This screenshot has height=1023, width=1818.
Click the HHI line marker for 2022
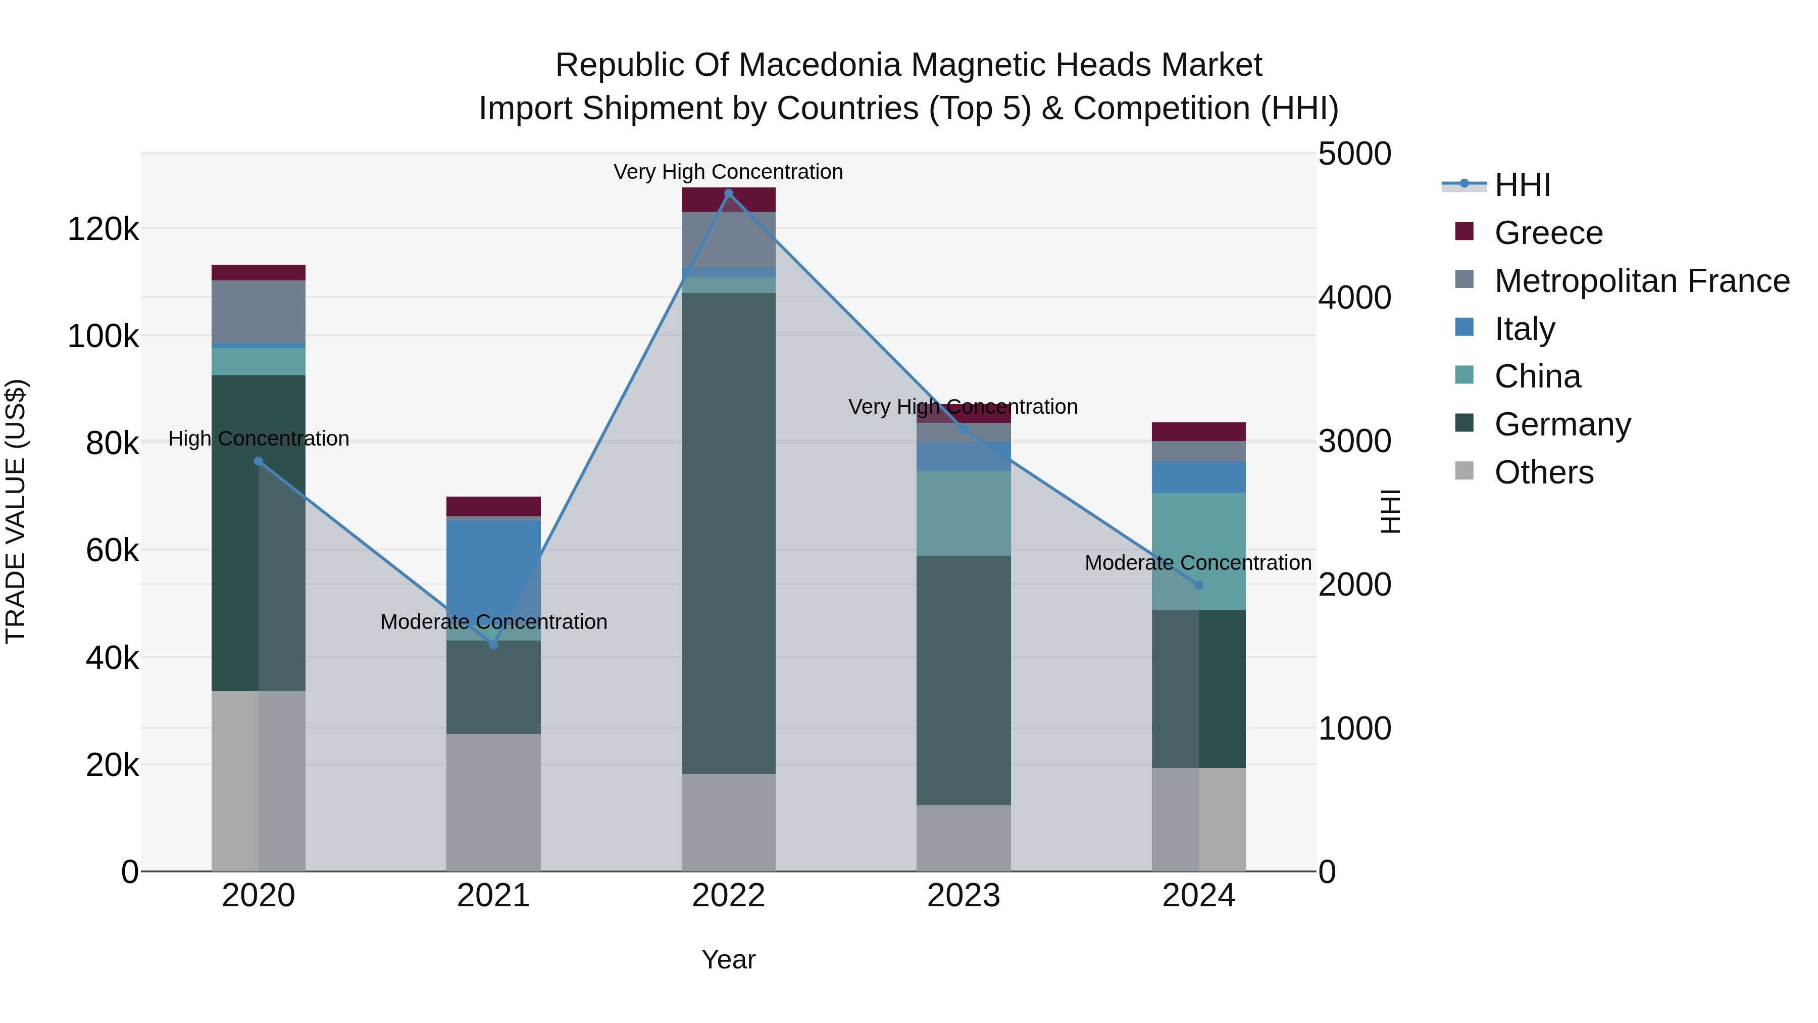click(x=728, y=193)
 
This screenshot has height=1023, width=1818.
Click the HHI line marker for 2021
click(x=493, y=644)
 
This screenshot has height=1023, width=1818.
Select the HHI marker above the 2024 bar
click(x=1198, y=586)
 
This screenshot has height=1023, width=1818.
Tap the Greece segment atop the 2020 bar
click(x=258, y=272)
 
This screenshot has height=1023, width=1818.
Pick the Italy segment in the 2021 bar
click(x=493, y=565)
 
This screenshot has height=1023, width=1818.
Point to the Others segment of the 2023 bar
click(x=964, y=838)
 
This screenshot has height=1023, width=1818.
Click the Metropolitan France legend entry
click(x=1642, y=281)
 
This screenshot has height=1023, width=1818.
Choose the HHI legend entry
click(x=1522, y=185)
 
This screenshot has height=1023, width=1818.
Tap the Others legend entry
click(x=1543, y=472)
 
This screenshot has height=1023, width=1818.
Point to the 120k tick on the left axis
click(x=103, y=229)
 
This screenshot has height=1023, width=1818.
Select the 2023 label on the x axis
click(x=964, y=896)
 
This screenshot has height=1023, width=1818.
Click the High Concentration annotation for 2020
click(x=258, y=439)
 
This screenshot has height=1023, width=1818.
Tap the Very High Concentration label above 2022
click(x=728, y=172)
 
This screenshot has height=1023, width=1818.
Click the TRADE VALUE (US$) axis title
click(x=16, y=511)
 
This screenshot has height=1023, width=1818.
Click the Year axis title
click(x=728, y=959)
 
